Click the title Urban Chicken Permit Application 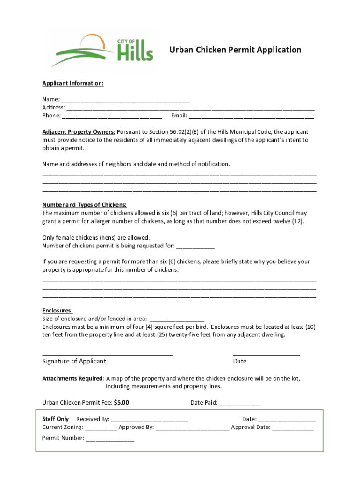235,50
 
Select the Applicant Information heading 73,83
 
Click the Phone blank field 112,116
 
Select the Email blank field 251,116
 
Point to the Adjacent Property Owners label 79,132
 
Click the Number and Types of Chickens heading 85,205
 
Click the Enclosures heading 58,311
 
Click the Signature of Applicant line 107,354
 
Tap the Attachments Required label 72,378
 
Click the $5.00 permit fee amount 122,403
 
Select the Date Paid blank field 240,404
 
